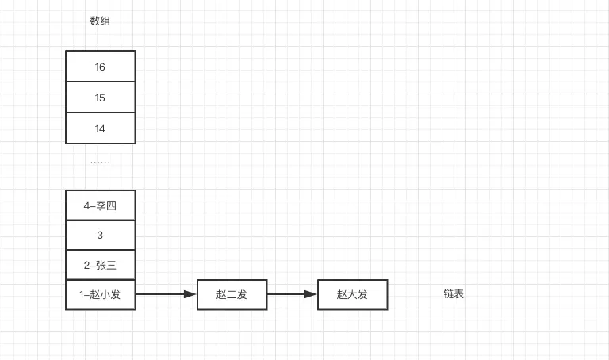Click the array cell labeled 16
pos(101,67)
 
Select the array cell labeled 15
pos(101,98)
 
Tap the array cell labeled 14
pos(101,128)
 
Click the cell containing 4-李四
pos(101,205)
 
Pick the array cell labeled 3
pos(101,236)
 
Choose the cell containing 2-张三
pos(101,265)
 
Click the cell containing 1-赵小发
pos(101,295)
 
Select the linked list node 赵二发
pos(232,295)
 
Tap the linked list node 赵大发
pos(352,295)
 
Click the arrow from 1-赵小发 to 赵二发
pos(165,295)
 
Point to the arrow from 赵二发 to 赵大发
pos(291,295)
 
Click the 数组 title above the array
pos(100,21)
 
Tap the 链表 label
pos(454,294)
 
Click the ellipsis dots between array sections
pos(100,162)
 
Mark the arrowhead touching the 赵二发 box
pos(190,295)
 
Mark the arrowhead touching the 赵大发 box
pos(311,295)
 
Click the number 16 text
pos(100,67)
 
